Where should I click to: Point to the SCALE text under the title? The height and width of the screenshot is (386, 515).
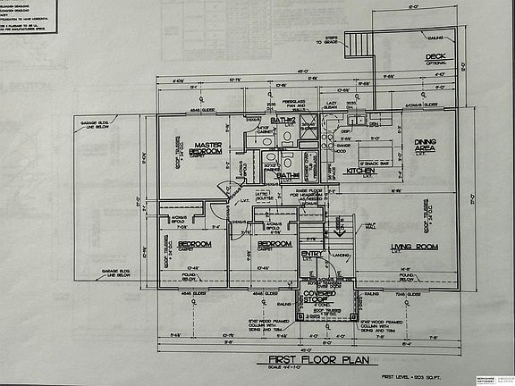coord(294,370)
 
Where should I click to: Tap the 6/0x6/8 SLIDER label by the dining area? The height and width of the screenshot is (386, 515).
coord(420,105)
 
